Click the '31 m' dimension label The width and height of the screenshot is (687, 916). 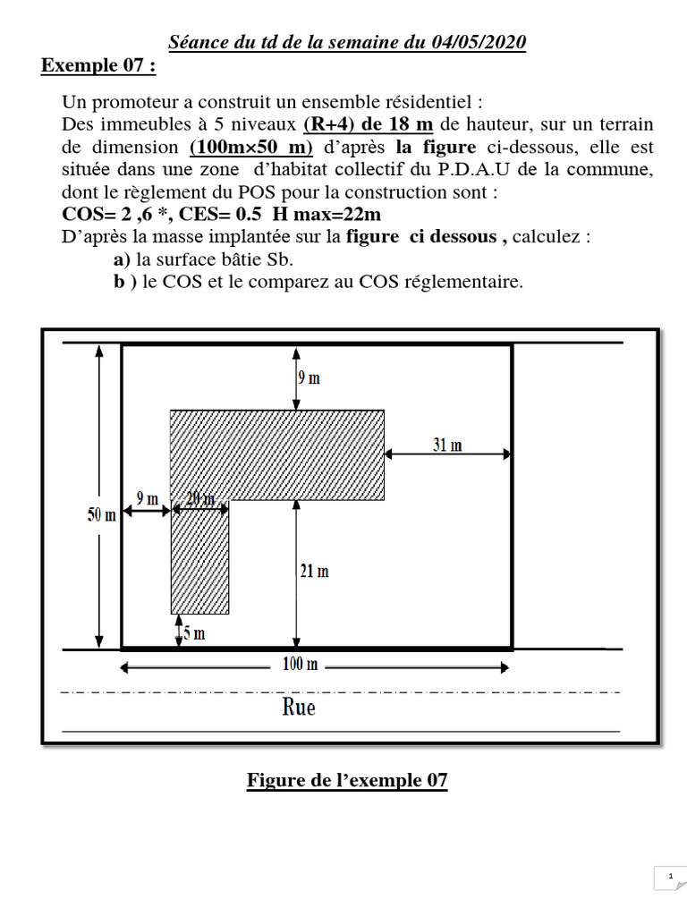[x=447, y=445]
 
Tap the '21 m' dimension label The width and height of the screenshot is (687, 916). [x=313, y=571]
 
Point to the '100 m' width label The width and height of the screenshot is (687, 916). [x=300, y=664]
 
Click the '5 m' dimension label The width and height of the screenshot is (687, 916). [x=194, y=633]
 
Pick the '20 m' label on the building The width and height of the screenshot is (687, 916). [x=199, y=498]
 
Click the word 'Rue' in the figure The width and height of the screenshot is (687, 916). [x=299, y=708]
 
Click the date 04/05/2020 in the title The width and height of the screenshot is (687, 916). [x=478, y=42]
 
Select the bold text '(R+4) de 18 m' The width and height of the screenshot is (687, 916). [x=369, y=123]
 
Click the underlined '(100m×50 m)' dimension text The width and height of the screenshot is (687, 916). [x=250, y=147]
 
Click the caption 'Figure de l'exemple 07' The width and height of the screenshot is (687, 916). [x=347, y=781]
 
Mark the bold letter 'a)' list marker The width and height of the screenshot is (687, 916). [x=122, y=260]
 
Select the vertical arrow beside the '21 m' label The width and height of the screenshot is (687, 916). [x=296, y=572]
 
